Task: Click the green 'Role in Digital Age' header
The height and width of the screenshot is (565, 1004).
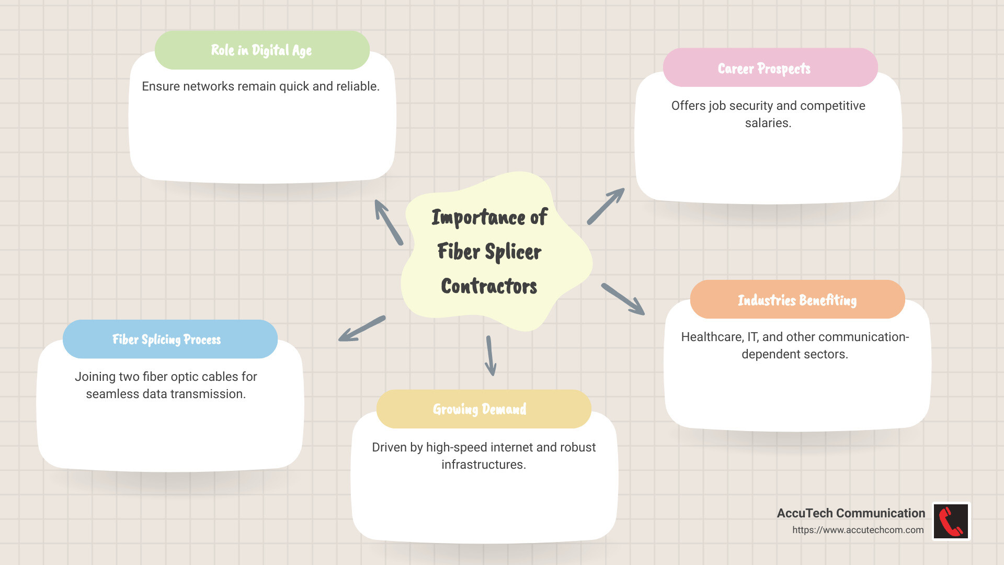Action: click(x=261, y=50)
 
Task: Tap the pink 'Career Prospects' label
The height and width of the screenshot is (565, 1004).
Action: click(x=764, y=69)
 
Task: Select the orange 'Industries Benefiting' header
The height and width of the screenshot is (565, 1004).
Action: click(x=797, y=300)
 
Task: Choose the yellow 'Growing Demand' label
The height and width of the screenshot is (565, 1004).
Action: click(x=480, y=409)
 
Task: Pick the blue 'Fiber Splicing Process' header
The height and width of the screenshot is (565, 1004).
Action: click(x=167, y=340)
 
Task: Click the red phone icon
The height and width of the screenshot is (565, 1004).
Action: click(x=951, y=521)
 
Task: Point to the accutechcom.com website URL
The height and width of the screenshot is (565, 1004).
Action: click(x=858, y=530)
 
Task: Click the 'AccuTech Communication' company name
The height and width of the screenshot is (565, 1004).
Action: click(x=851, y=513)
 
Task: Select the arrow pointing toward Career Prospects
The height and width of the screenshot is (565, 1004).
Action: click(x=606, y=207)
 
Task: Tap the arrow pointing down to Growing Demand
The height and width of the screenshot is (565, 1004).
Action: click(x=490, y=356)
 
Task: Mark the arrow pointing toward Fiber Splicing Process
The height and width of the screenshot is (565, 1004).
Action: click(x=362, y=329)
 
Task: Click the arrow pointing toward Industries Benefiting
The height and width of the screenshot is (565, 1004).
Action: click(x=623, y=299)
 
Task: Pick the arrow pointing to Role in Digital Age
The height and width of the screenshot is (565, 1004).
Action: click(x=389, y=222)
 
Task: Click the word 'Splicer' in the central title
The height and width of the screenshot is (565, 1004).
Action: click(x=513, y=252)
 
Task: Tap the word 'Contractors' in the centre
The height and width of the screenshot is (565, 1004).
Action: click(x=489, y=286)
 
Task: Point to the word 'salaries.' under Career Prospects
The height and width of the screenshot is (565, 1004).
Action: click(x=768, y=123)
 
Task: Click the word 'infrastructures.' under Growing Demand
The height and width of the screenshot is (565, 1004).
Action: click(x=483, y=465)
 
